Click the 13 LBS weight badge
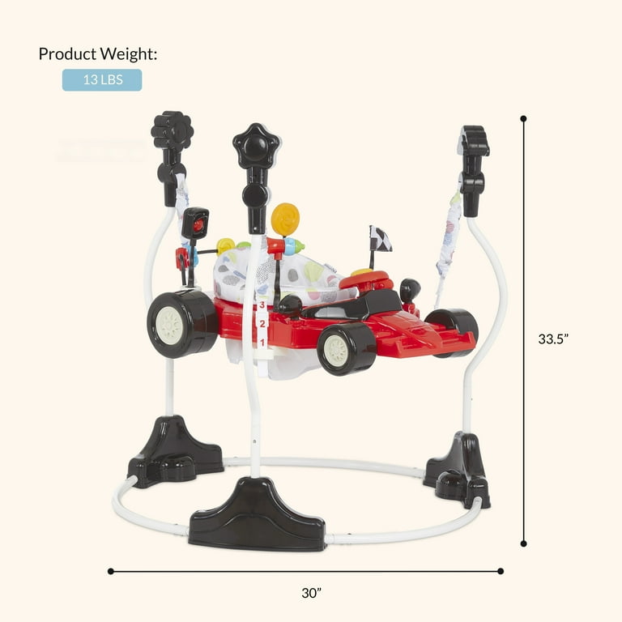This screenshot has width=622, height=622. click(102, 79)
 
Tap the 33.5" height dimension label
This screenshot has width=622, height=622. click(553, 339)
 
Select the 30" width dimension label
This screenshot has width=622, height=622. click(311, 593)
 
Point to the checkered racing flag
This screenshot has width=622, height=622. click(380, 239)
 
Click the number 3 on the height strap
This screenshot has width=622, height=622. click(262, 305)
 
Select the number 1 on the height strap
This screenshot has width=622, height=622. click(262, 342)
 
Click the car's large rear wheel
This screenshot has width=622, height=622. click(181, 324)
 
